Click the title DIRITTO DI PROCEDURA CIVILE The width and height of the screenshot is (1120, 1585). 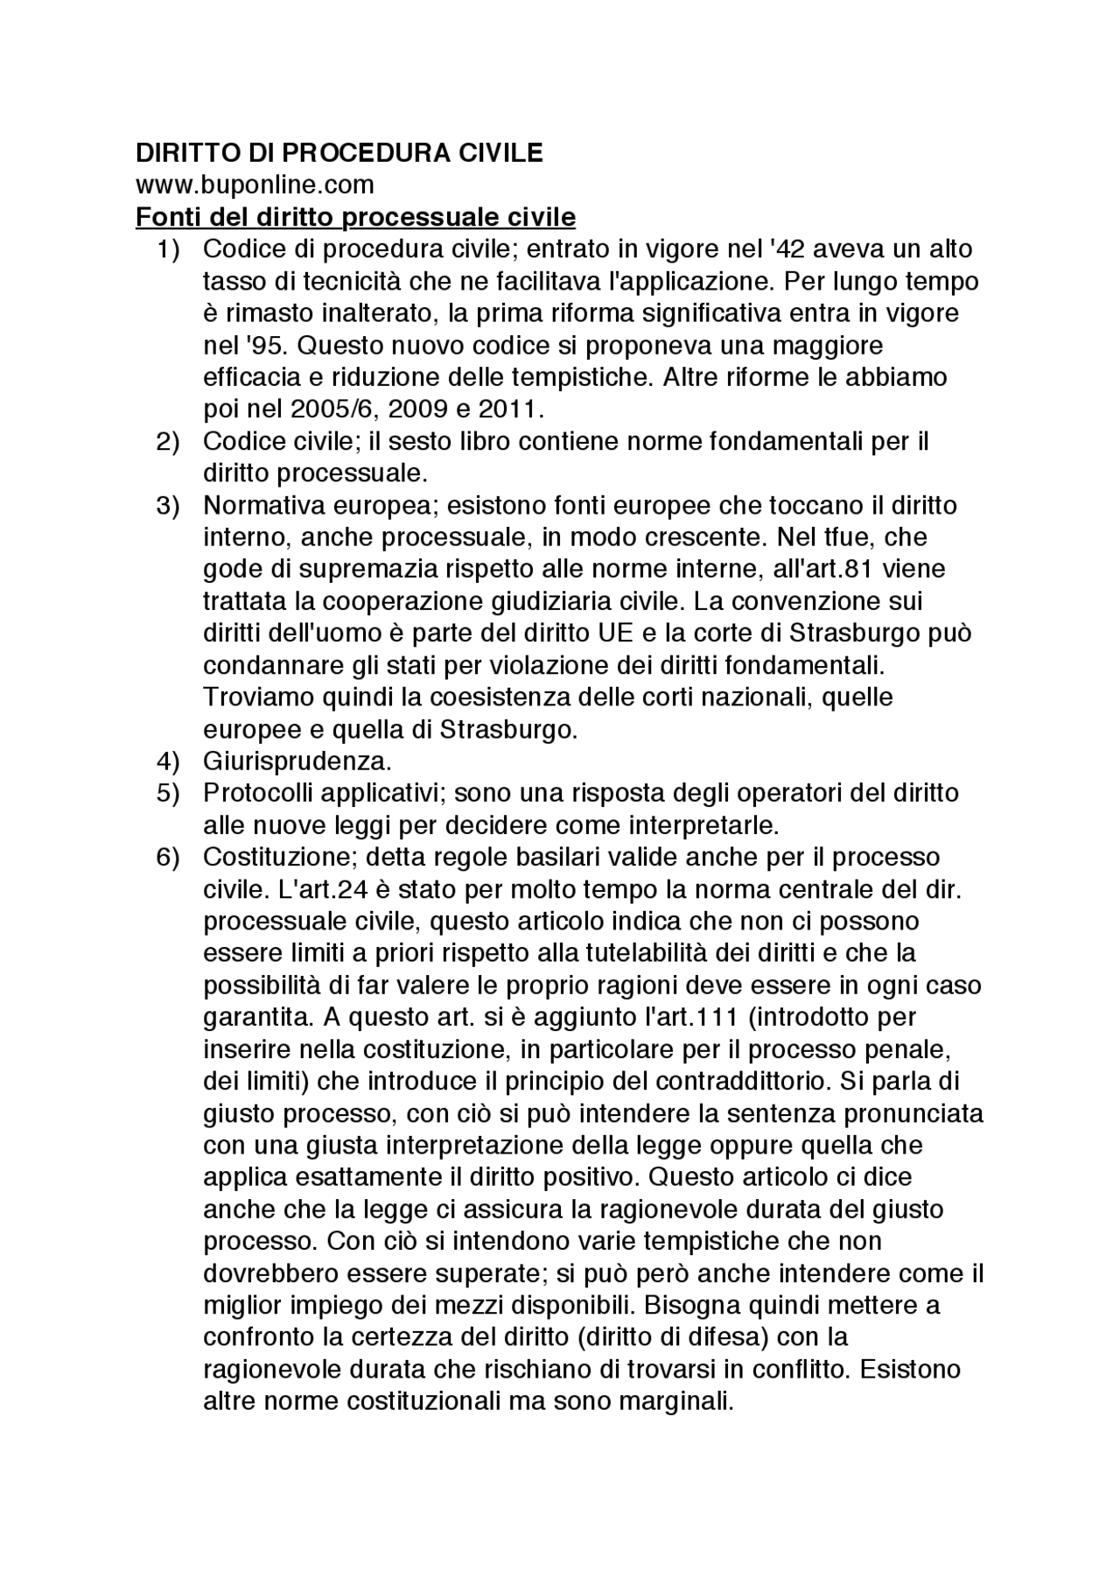point(339,153)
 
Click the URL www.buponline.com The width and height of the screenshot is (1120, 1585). point(254,185)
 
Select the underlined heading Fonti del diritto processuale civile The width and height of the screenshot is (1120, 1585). point(355,217)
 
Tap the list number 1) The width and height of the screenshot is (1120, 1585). point(169,249)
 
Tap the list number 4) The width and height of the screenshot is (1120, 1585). point(169,761)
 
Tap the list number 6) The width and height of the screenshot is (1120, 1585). point(169,857)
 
